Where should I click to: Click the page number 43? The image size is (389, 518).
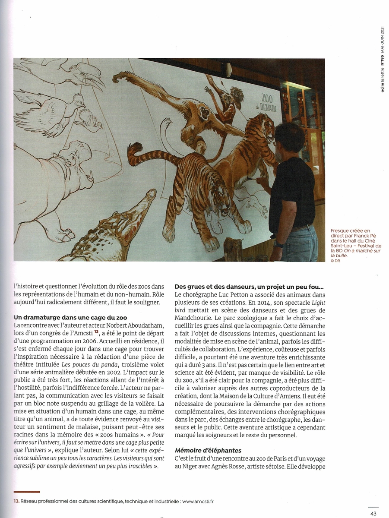[x=373, y=513]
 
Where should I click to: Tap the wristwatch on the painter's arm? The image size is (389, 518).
[x=278, y=244]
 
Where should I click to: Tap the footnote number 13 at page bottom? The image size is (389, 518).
[x=16, y=501]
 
